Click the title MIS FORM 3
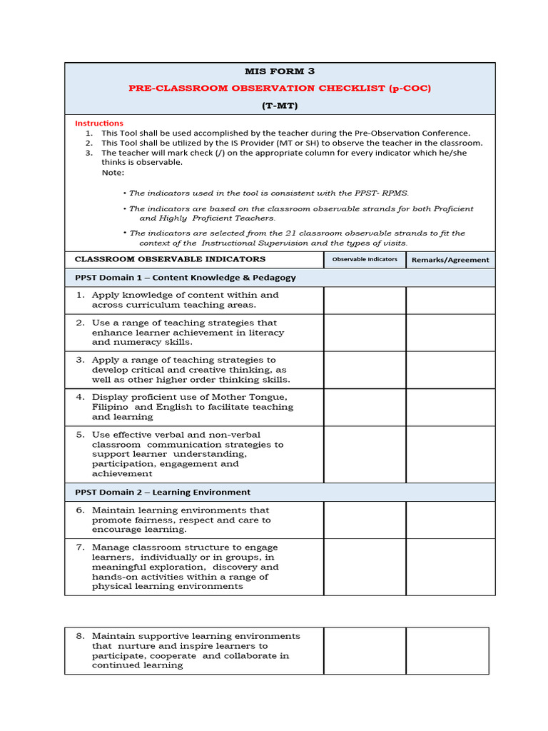point(280,71)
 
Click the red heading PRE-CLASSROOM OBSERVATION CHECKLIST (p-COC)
point(280,89)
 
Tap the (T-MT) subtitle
point(280,106)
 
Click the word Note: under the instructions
point(113,172)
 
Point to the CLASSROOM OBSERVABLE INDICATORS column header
point(171,259)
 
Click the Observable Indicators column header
point(365,259)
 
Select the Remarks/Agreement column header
point(450,260)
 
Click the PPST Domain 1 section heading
point(186,278)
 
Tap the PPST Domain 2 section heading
point(163,492)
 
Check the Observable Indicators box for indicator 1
point(365,301)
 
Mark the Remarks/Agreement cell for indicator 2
point(450,333)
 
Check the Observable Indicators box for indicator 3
point(365,370)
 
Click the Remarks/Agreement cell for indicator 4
point(450,407)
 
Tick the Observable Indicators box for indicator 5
point(365,454)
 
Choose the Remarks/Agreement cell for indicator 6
point(450,520)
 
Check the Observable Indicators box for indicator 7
point(365,567)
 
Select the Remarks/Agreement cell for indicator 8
point(447,650)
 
